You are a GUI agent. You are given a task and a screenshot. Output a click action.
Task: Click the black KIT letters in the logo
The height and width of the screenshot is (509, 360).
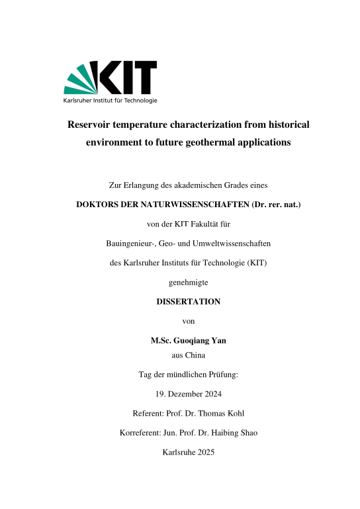coord(128,77)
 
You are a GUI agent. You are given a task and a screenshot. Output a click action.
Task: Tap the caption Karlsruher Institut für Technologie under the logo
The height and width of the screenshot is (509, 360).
coord(110,101)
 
